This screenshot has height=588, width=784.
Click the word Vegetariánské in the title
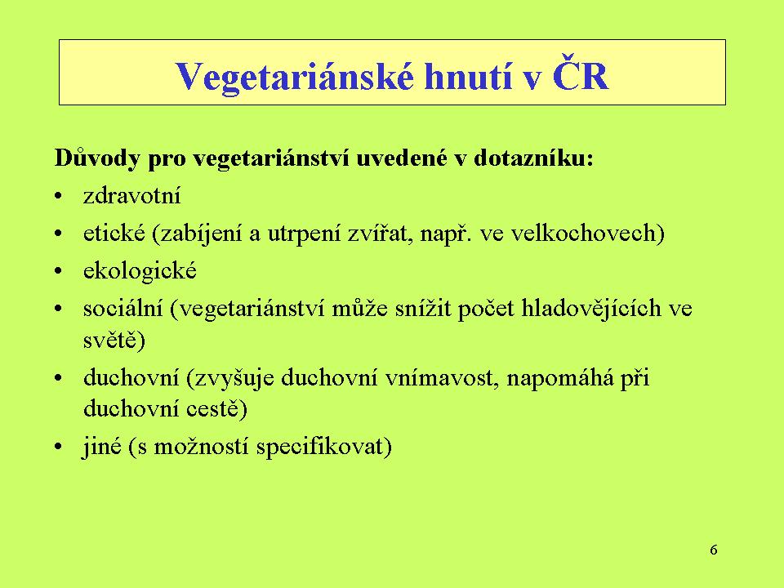(295, 77)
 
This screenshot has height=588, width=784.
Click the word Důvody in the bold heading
(96, 158)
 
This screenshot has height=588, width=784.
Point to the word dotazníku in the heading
(533, 158)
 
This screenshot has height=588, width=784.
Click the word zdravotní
(132, 195)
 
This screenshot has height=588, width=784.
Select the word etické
(114, 233)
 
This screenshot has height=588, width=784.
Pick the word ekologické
(140, 270)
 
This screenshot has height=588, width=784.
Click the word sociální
(123, 308)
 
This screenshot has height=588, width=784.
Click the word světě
(110, 340)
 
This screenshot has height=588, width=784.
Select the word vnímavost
(442, 377)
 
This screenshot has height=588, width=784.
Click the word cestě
(213, 408)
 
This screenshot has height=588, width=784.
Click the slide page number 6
(714, 550)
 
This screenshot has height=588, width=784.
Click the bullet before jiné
(59, 447)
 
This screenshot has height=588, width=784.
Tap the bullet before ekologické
(59, 271)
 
